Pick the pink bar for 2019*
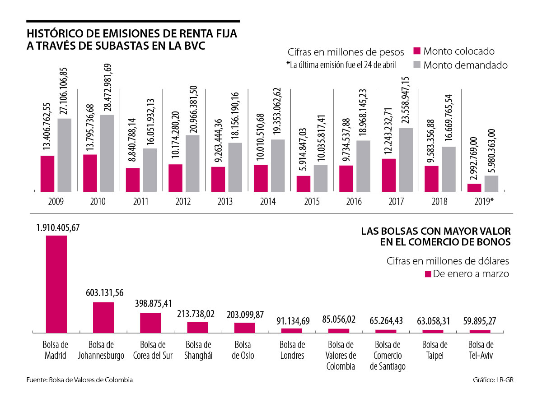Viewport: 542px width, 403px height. click(x=474, y=188)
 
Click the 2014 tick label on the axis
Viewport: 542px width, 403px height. click(x=268, y=202)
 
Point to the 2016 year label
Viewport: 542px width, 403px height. click(x=354, y=202)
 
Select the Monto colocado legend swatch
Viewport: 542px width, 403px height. click(x=417, y=51)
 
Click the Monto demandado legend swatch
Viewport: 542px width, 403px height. click(x=417, y=65)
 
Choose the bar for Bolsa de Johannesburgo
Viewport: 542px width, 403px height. click(x=103, y=317)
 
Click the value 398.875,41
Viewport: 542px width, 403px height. click(x=150, y=303)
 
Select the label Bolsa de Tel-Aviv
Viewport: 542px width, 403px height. click(x=479, y=350)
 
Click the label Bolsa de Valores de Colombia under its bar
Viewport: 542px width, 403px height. click(x=341, y=356)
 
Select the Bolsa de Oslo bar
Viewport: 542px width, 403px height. click(x=245, y=327)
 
